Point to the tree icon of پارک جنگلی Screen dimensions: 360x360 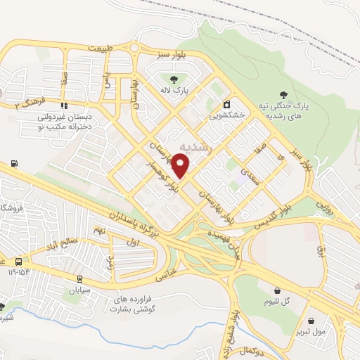[283, 94]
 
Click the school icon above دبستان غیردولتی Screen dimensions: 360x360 [65, 106]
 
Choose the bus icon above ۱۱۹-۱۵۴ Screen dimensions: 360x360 [18, 259]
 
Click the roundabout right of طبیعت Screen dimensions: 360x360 [134, 48]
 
